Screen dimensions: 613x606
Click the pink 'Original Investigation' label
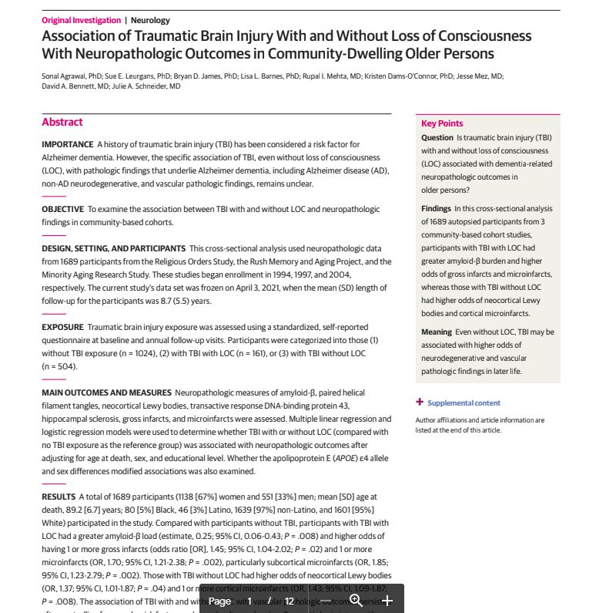pyautogui.click(x=81, y=20)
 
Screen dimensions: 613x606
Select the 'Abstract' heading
pyautogui.click(x=62, y=122)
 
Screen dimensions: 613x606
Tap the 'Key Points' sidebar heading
pyautogui.click(x=442, y=123)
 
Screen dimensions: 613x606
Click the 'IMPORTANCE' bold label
pyautogui.click(x=67, y=144)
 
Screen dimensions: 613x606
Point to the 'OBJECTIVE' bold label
pyautogui.click(x=62, y=209)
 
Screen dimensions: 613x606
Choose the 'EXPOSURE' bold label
pyautogui.click(x=62, y=327)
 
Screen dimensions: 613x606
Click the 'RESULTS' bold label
pyautogui.click(x=59, y=497)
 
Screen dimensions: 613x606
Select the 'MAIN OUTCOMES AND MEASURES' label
pyautogui.click(x=106, y=392)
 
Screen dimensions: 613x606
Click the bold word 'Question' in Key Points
pyautogui.click(x=437, y=137)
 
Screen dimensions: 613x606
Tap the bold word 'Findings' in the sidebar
pyautogui.click(x=437, y=208)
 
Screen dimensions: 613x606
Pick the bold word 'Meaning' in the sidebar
pyautogui.click(x=437, y=332)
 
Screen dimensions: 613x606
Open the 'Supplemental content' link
pyautogui.click(x=464, y=402)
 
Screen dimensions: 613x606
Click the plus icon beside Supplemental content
pyautogui.click(x=420, y=402)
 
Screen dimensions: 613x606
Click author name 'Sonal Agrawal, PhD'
pyautogui.click(x=72, y=76)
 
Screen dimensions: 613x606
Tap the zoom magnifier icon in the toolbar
pyautogui.click(x=356, y=600)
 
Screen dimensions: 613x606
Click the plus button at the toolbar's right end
pyautogui.click(x=387, y=600)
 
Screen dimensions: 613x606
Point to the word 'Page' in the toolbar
pyautogui.click(x=219, y=601)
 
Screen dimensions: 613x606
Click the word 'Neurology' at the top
pyautogui.click(x=150, y=20)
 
